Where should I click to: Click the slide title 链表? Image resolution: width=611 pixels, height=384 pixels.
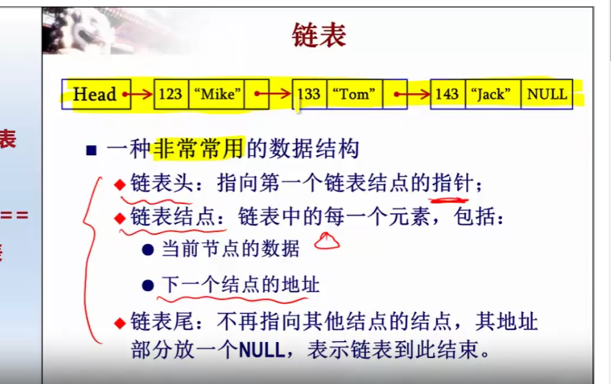[319, 35]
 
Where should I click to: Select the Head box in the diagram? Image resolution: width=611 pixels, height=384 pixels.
[96, 94]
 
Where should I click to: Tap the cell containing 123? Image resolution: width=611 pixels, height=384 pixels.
[171, 94]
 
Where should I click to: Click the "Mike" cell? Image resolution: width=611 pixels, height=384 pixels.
[216, 94]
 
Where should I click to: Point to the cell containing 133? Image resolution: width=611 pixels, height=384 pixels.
[310, 94]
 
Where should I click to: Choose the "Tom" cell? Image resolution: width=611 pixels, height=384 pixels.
[355, 94]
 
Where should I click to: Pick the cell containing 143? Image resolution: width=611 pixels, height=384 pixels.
[448, 94]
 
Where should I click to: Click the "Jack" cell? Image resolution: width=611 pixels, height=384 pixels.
[493, 94]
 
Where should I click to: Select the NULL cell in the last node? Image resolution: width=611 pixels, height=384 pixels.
[547, 94]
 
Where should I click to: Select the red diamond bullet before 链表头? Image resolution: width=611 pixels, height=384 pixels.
[120, 185]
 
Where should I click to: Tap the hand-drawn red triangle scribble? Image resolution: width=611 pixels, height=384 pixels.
[327, 241]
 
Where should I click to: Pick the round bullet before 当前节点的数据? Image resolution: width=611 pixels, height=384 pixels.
[148, 250]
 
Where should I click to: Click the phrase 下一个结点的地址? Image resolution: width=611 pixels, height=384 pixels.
[240, 284]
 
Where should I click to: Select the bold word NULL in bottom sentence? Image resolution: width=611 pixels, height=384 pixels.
[262, 350]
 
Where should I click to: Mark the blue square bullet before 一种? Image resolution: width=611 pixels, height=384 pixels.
[91, 151]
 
